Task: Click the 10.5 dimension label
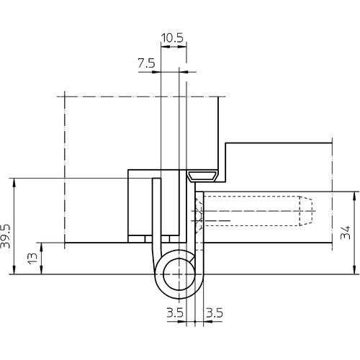(172, 38)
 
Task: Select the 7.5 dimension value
(146, 63)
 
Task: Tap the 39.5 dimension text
(6, 236)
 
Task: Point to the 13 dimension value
(33, 258)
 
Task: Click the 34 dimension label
(346, 233)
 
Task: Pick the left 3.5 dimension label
(175, 312)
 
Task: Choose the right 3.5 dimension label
(215, 312)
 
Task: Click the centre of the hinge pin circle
(179, 274)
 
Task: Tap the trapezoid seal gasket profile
(202, 176)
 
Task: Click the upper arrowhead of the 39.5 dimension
(14, 182)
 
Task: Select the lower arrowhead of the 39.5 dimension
(14, 270)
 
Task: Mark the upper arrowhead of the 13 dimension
(42, 246)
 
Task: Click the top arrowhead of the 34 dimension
(354, 195)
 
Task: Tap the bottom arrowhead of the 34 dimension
(354, 270)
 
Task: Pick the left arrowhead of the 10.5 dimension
(165, 47)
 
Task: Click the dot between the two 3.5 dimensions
(195, 321)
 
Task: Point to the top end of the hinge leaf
(156, 179)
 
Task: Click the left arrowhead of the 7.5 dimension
(157, 72)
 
